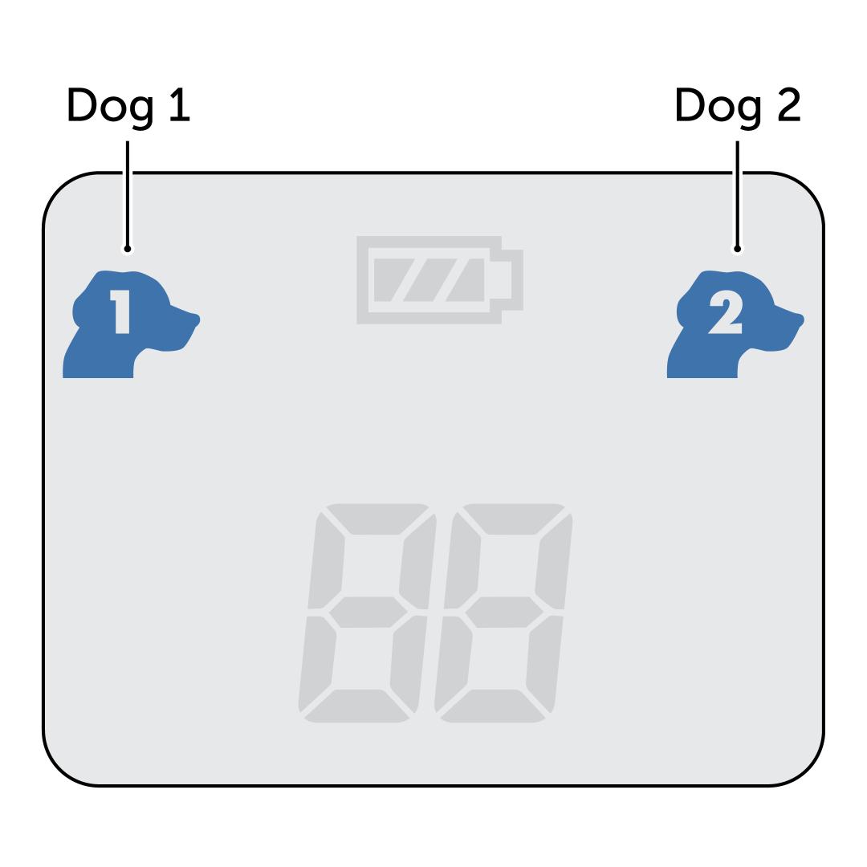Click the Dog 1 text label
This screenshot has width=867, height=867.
[128, 106]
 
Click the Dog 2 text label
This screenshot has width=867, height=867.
[737, 106]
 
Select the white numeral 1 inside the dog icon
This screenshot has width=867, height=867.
[120, 311]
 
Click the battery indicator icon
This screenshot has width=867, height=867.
[439, 280]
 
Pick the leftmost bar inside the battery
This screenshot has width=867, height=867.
[392, 280]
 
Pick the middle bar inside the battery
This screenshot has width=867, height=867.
[429, 280]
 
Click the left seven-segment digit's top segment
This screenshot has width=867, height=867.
[376, 519]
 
